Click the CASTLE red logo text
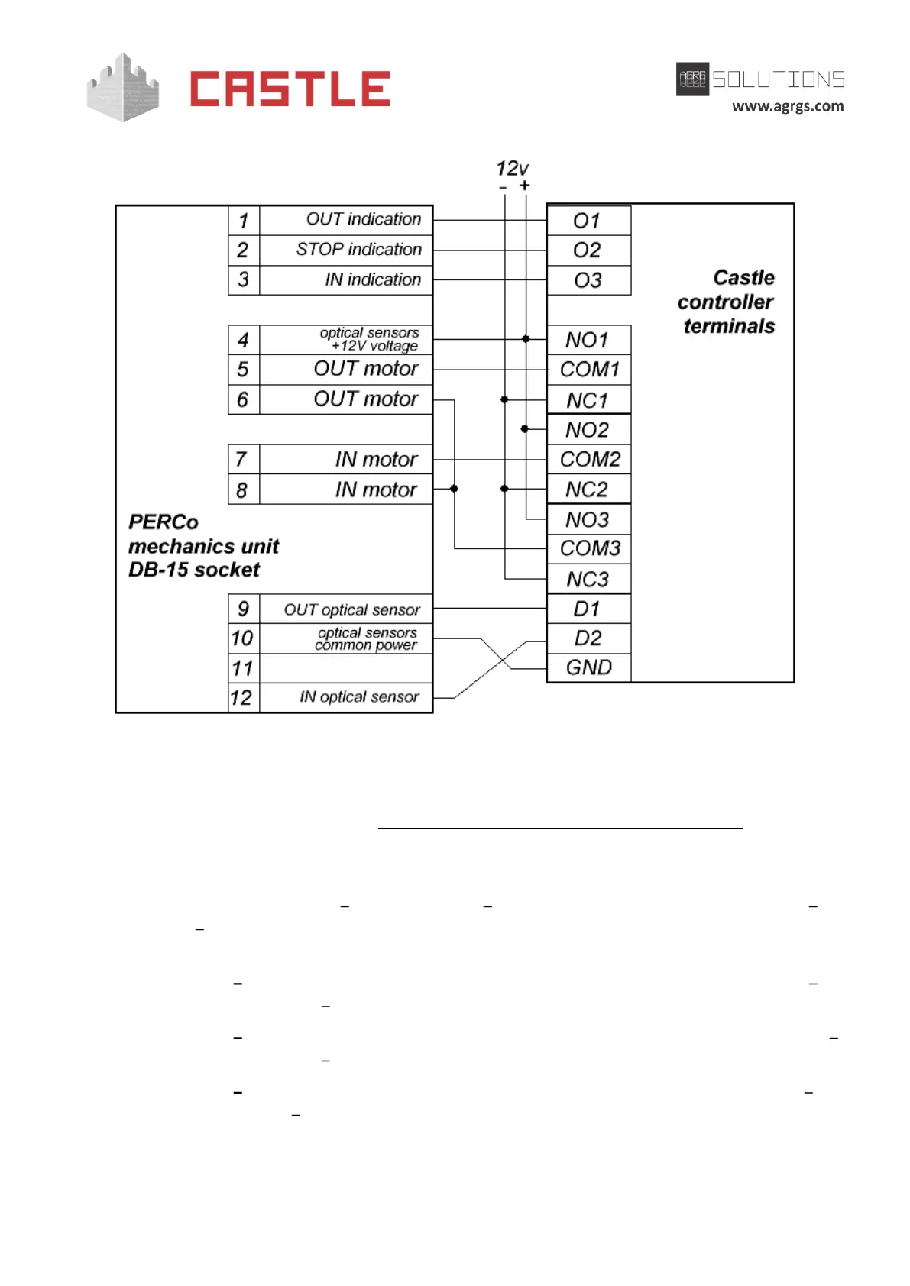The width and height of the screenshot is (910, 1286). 290,89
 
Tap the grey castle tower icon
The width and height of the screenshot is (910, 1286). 123,88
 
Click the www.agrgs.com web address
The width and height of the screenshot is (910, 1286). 788,106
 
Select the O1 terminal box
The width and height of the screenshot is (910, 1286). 588,221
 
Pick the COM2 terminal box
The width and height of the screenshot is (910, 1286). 589,459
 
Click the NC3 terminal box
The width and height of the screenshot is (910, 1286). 588,579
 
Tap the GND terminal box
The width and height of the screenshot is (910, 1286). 588,667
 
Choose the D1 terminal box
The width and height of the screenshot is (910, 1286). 588,609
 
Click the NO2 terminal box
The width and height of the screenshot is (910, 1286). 588,429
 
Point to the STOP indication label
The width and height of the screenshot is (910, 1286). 358,250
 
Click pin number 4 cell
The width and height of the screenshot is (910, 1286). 243,340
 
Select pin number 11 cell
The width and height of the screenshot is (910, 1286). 243,668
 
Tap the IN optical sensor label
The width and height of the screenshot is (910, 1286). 359,696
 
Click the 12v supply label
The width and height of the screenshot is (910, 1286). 512,168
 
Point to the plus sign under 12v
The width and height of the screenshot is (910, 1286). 525,186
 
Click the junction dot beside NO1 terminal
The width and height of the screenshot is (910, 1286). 526,339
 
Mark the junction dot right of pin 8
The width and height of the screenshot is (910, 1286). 454,489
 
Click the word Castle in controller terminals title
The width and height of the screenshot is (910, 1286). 743,277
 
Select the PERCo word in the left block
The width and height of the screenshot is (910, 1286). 164,522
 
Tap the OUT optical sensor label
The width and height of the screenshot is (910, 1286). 351,609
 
